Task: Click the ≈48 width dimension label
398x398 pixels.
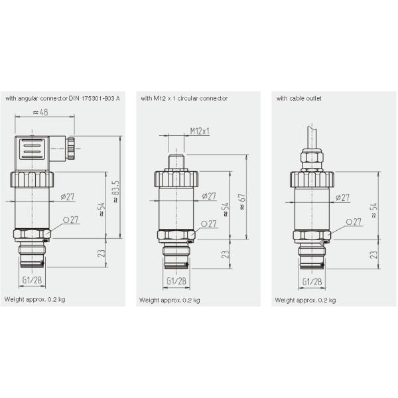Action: pos(40,112)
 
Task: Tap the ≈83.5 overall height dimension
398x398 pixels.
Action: pos(115,192)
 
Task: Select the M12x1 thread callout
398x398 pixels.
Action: pos(200,131)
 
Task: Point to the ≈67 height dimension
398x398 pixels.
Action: pos(242,202)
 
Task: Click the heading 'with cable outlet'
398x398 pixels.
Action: pos(298,98)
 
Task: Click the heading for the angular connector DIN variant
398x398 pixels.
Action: pos(63,98)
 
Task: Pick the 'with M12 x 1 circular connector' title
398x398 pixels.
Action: pos(184,98)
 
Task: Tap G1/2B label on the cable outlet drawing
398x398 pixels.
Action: pos(312,281)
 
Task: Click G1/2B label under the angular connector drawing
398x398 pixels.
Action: pos(32,280)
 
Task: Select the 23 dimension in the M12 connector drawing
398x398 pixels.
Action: pos(225,254)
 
